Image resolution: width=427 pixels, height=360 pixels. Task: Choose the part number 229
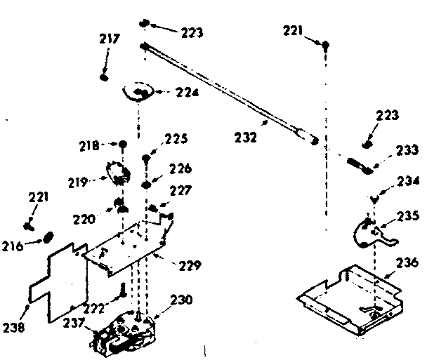click(190, 265)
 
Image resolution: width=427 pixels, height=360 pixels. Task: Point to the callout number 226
click(180, 168)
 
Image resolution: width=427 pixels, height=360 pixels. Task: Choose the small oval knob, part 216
click(51, 236)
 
